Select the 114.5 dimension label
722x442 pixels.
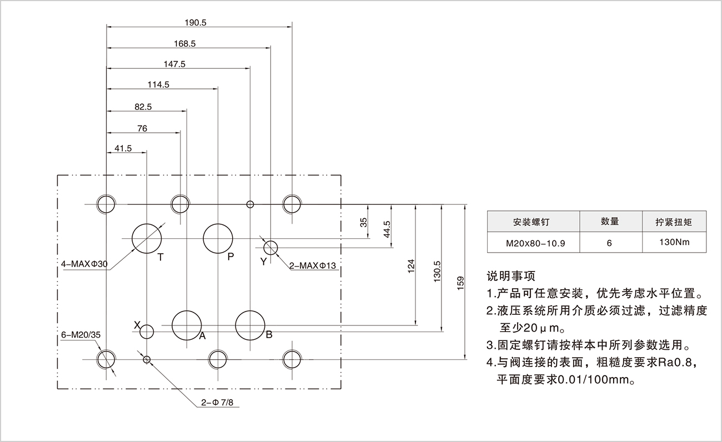pyautogui.click(x=159, y=84)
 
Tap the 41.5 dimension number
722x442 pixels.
pyautogui.click(x=123, y=148)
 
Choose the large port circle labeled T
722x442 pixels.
pyautogui.click(x=147, y=238)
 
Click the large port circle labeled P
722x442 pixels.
pyautogui.click(x=218, y=238)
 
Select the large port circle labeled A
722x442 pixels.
pyautogui.click(x=187, y=325)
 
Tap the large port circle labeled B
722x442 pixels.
pyautogui.click(x=250, y=325)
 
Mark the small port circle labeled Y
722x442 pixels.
pyautogui.click(x=270, y=247)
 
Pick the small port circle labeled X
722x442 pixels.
pyautogui.click(x=147, y=332)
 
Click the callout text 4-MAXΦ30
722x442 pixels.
pyautogui.click(x=85, y=264)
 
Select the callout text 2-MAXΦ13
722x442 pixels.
pyautogui.click(x=313, y=265)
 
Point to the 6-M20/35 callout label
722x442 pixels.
pyautogui.click(x=81, y=335)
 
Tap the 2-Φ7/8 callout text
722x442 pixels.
pyautogui.click(x=218, y=402)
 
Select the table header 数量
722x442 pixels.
pyautogui.click(x=610, y=222)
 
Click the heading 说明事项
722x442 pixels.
pyautogui.click(x=510, y=275)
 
